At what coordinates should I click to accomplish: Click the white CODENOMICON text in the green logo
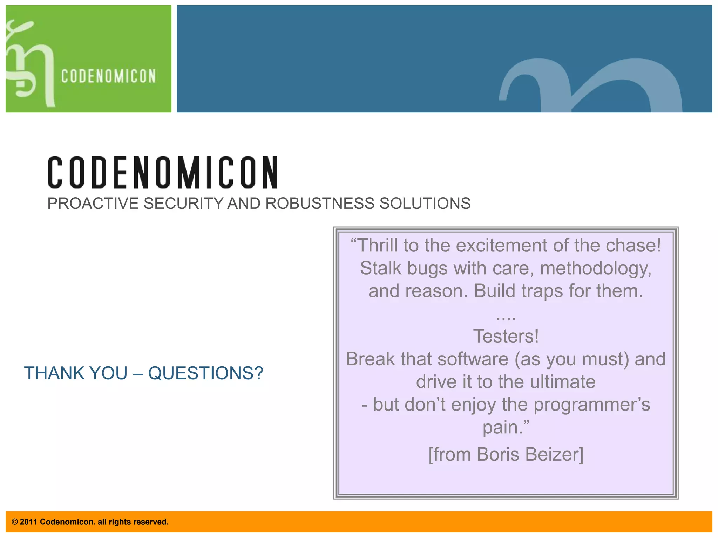[x=108, y=76]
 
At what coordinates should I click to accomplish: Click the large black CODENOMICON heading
[x=163, y=172]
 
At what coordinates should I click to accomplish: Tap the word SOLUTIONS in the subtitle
[x=425, y=204]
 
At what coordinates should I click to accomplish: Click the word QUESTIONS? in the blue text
[x=205, y=373]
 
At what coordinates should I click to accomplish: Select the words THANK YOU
[x=76, y=373]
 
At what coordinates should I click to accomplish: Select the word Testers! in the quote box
[x=506, y=336]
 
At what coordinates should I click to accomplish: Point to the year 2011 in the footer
[x=28, y=522]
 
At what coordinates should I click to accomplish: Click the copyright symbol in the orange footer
[x=15, y=522]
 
